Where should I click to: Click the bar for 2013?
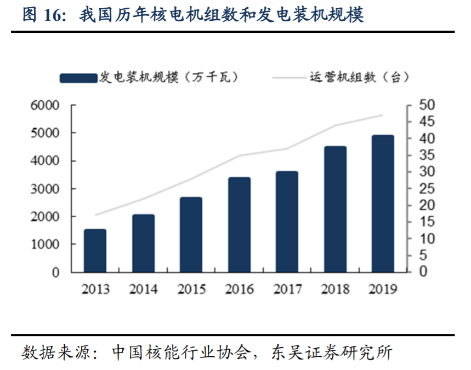[95, 251]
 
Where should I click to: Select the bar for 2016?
[239, 224]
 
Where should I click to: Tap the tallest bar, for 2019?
[383, 204]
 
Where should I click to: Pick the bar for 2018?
[335, 209]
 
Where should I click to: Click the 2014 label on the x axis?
[143, 288]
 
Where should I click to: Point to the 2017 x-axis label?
[287, 288]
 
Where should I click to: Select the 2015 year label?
[191, 288]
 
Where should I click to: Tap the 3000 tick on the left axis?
[48, 189]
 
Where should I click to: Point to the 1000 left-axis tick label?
[48, 245]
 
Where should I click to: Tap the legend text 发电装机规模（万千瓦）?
[168, 78]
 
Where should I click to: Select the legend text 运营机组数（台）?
[359, 78]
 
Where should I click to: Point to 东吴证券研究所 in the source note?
[332, 352]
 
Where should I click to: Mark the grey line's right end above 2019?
[383, 115]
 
